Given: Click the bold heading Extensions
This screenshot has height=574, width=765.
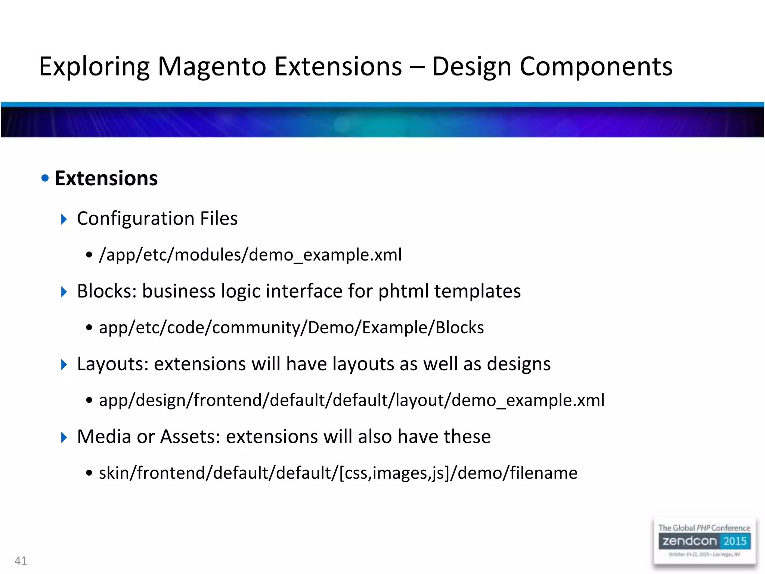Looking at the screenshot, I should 106,178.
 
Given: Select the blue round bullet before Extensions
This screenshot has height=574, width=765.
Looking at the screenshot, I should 45,178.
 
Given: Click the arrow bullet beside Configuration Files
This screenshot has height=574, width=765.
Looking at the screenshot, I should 64,219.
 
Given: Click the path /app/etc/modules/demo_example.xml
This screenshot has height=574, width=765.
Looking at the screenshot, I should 250,255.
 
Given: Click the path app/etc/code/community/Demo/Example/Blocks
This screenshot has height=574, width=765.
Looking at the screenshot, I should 291,328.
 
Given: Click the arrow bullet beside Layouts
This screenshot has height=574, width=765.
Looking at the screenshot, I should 64,364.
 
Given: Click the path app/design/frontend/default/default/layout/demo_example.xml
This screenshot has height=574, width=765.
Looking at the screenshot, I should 351,400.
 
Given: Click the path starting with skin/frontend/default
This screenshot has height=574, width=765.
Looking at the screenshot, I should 338,473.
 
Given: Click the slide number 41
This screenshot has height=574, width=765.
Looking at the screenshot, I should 21,561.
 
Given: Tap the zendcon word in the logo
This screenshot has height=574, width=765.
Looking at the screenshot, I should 690,541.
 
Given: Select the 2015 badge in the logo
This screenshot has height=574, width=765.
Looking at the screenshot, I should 734,541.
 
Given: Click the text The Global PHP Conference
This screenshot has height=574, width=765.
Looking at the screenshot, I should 704,528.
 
